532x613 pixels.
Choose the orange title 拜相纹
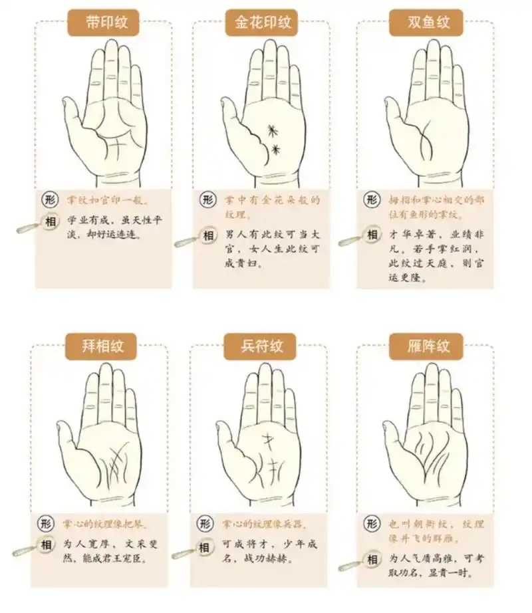103,346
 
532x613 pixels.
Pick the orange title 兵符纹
263,346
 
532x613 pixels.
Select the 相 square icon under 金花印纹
209,236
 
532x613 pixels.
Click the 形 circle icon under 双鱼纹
372,200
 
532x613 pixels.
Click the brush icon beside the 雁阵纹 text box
350,567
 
